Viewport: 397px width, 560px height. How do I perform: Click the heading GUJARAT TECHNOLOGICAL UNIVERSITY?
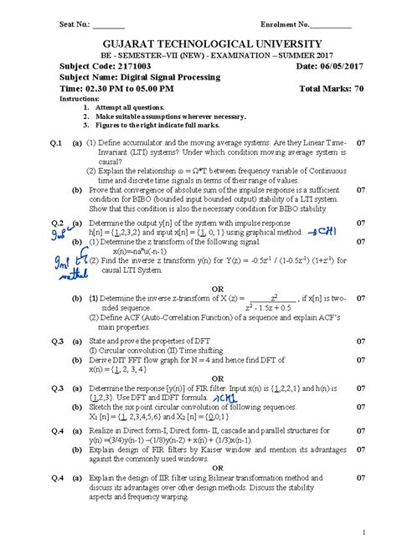click(x=198, y=44)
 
